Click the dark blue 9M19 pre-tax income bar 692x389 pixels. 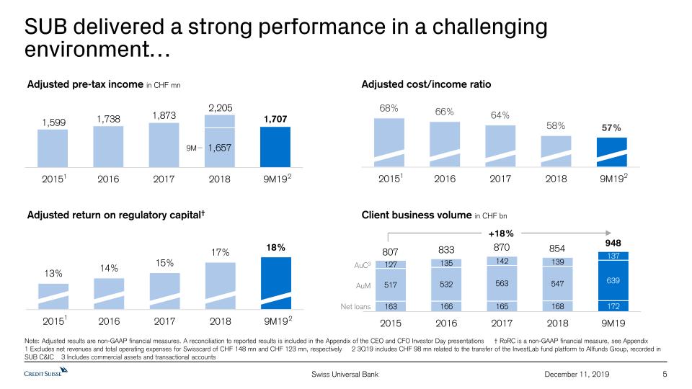point(275,147)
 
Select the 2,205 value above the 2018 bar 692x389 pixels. point(221,108)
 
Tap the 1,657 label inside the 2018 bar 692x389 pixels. point(220,148)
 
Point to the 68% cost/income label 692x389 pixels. point(389,108)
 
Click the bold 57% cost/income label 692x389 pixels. point(611,128)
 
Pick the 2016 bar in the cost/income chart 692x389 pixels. point(445,144)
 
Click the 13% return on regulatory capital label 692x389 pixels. point(53,274)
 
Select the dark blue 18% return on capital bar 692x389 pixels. point(276,283)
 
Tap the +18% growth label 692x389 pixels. point(501,233)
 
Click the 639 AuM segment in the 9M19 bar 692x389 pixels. point(613,280)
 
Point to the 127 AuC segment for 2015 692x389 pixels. point(391,264)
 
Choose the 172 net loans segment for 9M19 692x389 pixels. point(613,306)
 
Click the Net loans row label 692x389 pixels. point(355,307)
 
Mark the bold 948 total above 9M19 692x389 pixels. point(613,243)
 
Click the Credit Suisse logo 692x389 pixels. point(46,372)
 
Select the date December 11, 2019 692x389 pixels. point(577,375)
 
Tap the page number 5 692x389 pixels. point(665,375)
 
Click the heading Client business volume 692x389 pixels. point(417,215)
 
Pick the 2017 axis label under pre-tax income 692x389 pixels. point(164,179)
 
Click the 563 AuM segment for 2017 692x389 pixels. point(502,283)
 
